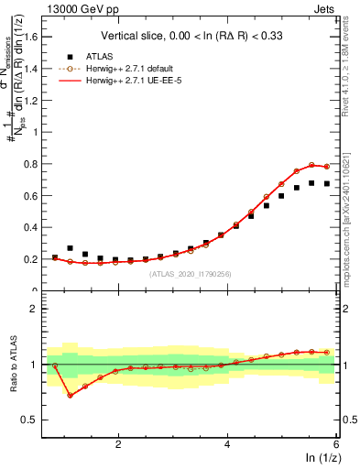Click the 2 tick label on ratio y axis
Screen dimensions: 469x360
pyautogui.click(x=41, y=309)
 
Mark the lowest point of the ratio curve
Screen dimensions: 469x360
pyautogui.click(x=70, y=395)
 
